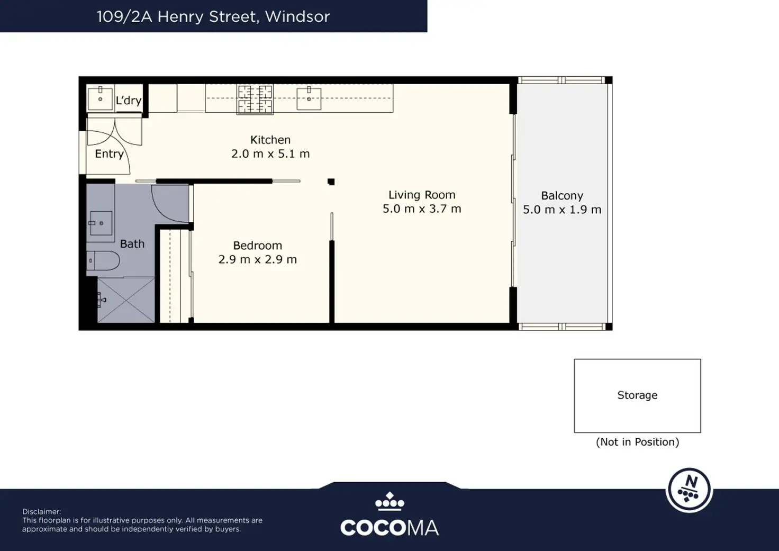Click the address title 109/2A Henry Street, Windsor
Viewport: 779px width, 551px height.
(x=213, y=16)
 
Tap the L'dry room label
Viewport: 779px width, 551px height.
(x=128, y=100)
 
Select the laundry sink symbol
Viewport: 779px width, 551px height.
(x=100, y=99)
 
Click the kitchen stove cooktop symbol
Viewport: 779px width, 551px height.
(x=255, y=99)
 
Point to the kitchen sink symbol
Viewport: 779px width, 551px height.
(x=309, y=99)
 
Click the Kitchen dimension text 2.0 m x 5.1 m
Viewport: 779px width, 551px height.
(x=270, y=153)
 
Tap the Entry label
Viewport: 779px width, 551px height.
(x=109, y=153)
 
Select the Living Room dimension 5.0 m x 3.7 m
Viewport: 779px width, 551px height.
(x=422, y=209)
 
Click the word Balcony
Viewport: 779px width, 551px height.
(x=562, y=196)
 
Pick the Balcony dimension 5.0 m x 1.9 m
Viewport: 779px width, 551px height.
(x=562, y=210)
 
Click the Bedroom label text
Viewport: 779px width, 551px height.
(x=257, y=246)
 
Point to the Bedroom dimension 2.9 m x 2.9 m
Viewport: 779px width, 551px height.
(x=257, y=259)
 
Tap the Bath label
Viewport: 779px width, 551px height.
(x=132, y=244)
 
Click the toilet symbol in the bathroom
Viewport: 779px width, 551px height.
(x=103, y=260)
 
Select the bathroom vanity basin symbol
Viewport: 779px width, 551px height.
(x=101, y=223)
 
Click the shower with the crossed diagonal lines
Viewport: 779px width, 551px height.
(x=126, y=300)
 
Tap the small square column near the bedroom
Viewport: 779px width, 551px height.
(x=331, y=182)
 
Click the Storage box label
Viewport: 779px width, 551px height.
(x=637, y=395)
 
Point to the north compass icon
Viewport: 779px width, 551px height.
(x=689, y=490)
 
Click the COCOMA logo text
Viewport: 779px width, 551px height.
(x=389, y=527)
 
